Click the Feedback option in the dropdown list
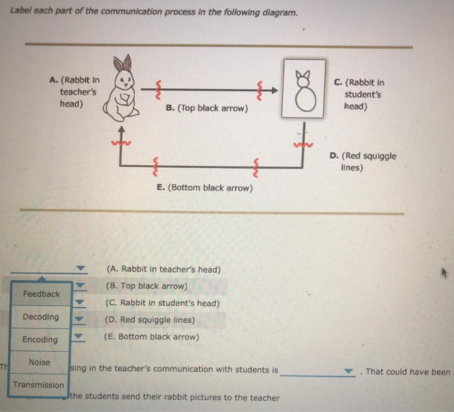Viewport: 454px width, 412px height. click(41, 294)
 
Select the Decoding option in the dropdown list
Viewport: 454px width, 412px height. click(40, 317)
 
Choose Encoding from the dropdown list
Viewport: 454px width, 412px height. click(40, 339)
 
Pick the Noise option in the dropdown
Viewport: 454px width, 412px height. click(39, 362)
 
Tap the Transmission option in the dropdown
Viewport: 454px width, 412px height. click(39, 385)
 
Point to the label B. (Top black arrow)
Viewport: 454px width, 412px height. click(207, 108)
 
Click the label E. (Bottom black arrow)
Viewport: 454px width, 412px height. click(205, 188)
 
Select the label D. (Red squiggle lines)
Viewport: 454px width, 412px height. click(363, 161)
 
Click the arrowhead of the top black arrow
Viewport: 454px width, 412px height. click(276, 90)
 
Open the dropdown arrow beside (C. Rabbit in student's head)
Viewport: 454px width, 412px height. click(80, 303)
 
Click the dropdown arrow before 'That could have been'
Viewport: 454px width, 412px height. click(350, 372)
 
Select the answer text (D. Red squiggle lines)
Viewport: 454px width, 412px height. click(150, 320)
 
